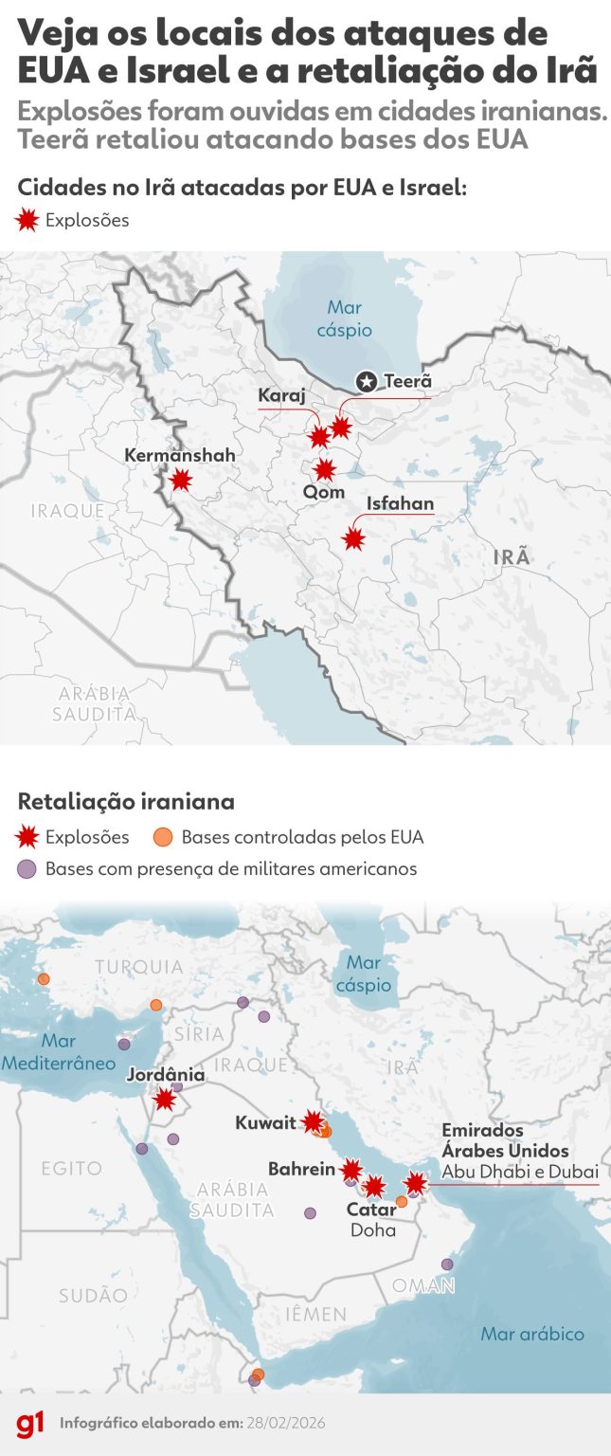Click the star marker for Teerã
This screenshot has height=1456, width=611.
[x=367, y=382]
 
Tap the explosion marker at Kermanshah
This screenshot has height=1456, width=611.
[x=180, y=480]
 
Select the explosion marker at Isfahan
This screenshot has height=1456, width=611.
[x=353, y=538]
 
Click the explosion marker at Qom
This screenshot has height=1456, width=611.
[x=325, y=469]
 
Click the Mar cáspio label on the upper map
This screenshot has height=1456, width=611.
[x=345, y=319]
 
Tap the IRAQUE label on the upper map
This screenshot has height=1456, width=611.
[x=67, y=511]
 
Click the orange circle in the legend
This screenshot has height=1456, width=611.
[x=162, y=837]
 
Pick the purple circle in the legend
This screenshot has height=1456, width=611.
[x=28, y=868]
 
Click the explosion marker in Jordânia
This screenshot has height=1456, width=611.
[x=165, y=1100]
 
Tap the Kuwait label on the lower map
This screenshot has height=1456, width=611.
[x=266, y=1124]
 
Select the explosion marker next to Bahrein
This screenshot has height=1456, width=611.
[x=351, y=1170]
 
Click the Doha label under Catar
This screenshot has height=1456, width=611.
[x=372, y=1230]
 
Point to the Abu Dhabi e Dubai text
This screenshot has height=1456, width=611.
[x=520, y=1172]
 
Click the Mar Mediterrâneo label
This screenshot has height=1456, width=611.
[x=58, y=1052]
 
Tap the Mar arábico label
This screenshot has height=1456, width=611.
[x=532, y=1334]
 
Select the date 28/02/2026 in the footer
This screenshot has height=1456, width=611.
[x=285, y=1424]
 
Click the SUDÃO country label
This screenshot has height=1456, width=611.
[x=93, y=1295]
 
